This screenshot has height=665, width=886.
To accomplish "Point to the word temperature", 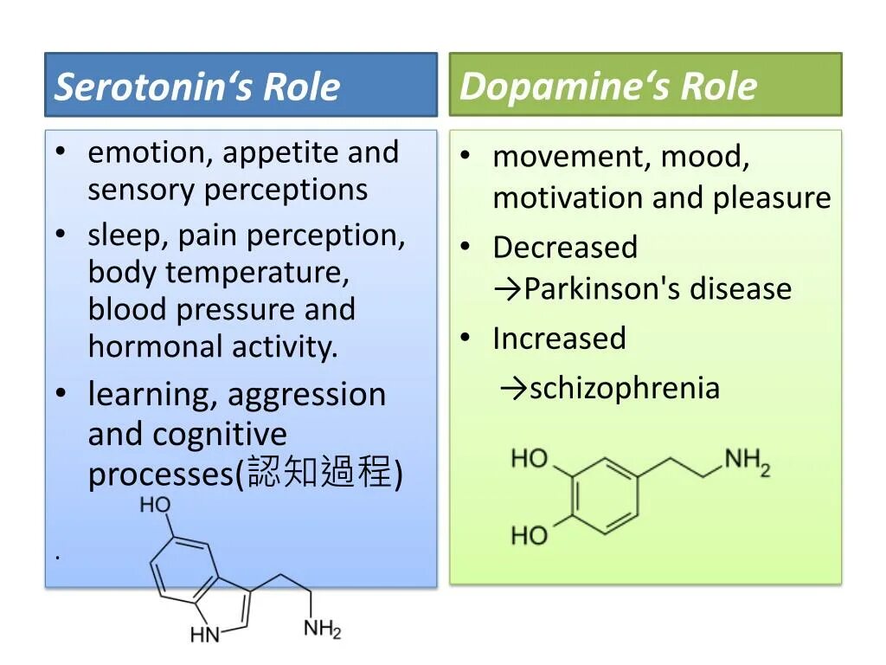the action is point(257,273).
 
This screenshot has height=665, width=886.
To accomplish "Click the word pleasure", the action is point(772,198).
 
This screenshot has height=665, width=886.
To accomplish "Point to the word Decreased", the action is point(565,248).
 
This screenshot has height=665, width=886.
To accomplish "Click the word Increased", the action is point(559,338).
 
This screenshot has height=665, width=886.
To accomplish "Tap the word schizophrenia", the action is point(625,388).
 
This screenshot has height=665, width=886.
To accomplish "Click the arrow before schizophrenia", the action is point(513,388).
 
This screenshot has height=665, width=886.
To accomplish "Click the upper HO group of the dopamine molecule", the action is point(530,458).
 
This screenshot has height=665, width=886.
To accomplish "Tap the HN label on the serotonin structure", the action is point(206,635).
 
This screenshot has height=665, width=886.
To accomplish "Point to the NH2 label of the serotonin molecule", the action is point(323,629).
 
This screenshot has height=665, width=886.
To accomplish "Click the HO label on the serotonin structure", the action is point(156,505).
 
